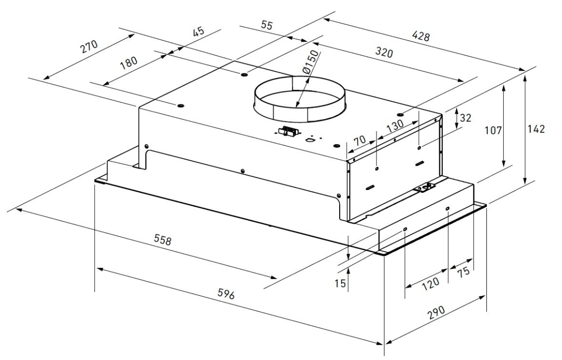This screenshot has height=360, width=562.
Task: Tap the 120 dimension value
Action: [x=430, y=283]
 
